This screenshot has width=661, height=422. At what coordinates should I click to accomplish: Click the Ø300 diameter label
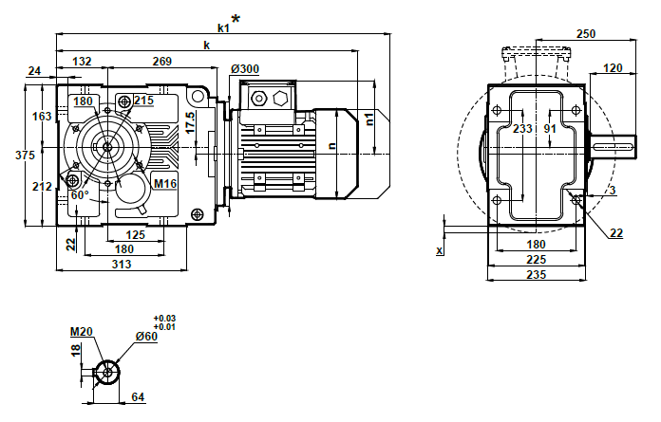pos(246,68)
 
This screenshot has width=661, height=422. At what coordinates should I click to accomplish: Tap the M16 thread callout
pos(166,183)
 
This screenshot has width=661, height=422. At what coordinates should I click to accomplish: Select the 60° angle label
pos(80,194)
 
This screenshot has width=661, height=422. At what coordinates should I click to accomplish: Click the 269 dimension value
pos(161,62)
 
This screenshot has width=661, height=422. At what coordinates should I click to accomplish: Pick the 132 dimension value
pos(82,62)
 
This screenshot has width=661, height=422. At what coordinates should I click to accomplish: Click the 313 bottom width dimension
pos(122,264)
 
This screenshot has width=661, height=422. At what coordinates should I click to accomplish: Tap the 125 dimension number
pos(135,233)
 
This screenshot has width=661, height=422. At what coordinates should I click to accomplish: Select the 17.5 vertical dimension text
pos(190,121)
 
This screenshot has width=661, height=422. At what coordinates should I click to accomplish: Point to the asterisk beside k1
pos(236,19)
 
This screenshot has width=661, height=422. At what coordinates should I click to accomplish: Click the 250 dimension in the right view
pos(586,34)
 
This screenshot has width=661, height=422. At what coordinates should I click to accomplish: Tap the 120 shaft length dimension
pos(614,67)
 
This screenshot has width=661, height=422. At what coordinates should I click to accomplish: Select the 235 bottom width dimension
pos(536,275)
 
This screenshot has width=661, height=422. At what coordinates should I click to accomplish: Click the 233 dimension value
pos(522,129)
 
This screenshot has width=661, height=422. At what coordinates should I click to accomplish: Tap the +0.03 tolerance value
pos(163,319)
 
